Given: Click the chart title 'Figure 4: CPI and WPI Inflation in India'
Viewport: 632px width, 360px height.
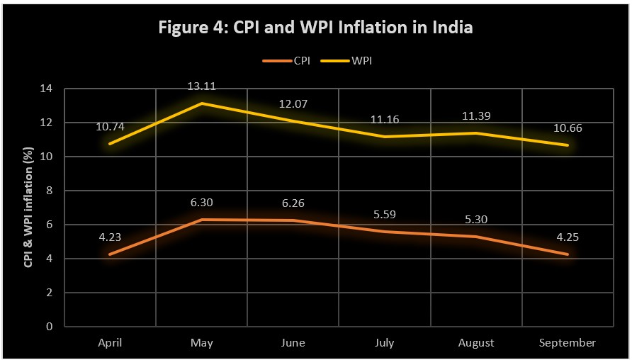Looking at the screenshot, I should [315, 29].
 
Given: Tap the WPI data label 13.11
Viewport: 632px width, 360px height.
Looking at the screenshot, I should [201, 86].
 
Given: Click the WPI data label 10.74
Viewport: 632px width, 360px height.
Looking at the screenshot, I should [110, 127].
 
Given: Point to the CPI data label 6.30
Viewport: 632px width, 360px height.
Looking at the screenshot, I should [201, 203].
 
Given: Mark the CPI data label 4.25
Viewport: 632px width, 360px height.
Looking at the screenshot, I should [567, 237].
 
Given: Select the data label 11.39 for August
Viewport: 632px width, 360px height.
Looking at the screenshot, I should [475, 116].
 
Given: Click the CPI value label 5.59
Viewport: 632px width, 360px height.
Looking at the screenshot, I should [384, 215].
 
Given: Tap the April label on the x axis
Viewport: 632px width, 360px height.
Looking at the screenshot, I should [110, 343].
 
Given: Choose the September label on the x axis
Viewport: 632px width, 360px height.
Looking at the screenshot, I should [567, 343].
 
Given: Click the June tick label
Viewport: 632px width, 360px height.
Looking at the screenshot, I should [293, 343].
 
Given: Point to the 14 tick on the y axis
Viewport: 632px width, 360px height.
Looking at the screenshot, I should [48, 89].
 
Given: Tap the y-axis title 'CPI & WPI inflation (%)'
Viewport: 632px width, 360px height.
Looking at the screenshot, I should [29, 207].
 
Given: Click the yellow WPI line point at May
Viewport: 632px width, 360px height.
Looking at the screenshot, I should [201, 103].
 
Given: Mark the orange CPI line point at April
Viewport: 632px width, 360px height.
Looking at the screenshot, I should [110, 254].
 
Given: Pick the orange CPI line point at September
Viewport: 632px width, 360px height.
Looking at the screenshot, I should [567, 254].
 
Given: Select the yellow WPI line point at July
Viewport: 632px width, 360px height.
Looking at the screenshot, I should [384, 137].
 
